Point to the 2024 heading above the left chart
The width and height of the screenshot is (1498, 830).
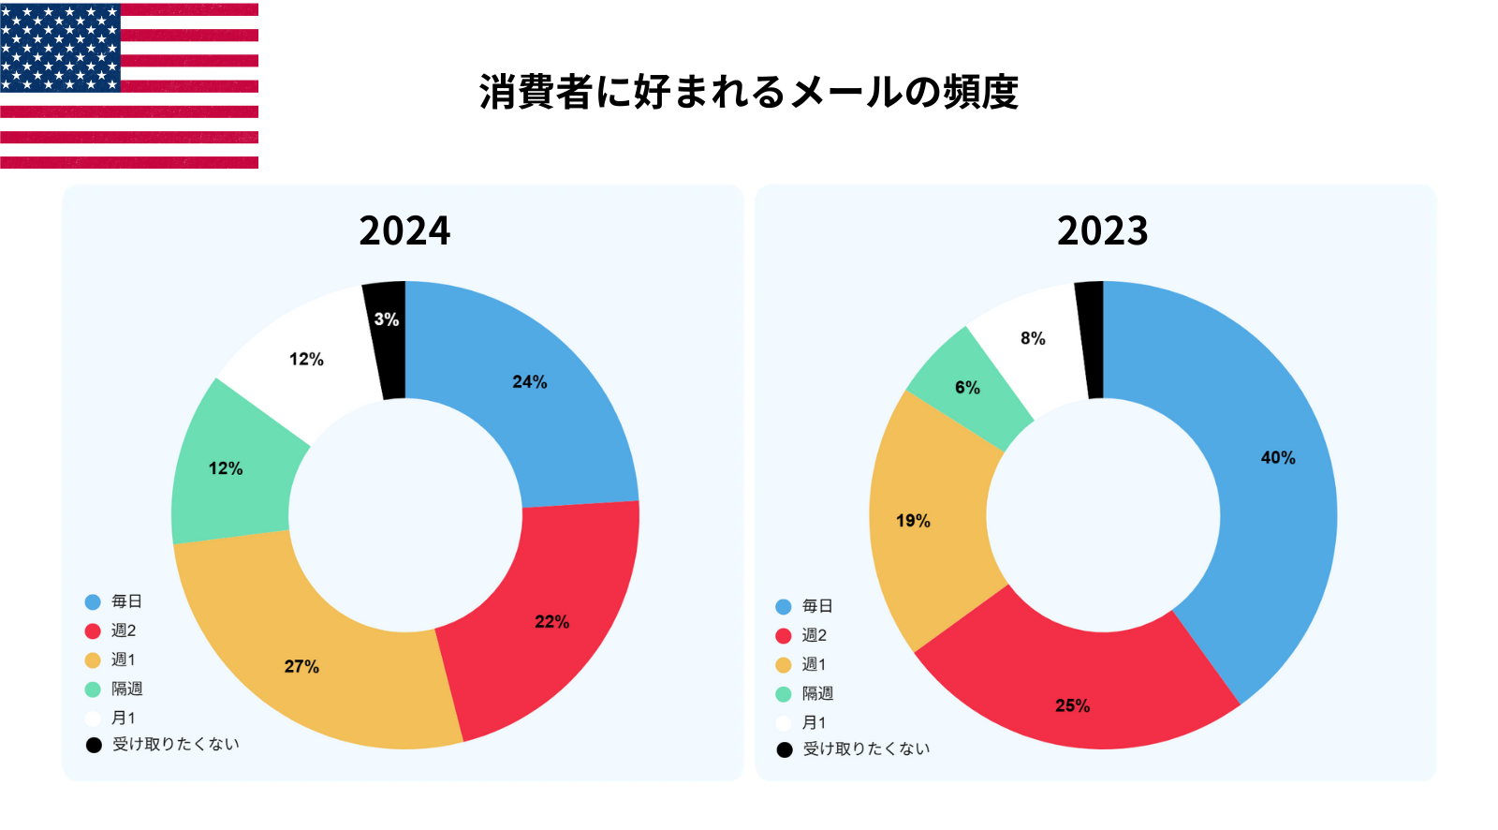click(404, 230)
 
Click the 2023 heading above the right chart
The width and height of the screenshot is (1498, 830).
click(1102, 230)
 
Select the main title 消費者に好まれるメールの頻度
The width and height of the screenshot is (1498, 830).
click(748, 92)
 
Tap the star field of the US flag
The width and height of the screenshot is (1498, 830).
click(60, 47)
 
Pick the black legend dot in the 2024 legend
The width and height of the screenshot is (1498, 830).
click(94, 746)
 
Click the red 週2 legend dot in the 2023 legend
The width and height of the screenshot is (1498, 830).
click(784, 636)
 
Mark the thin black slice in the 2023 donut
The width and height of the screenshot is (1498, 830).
click(1091, 337)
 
